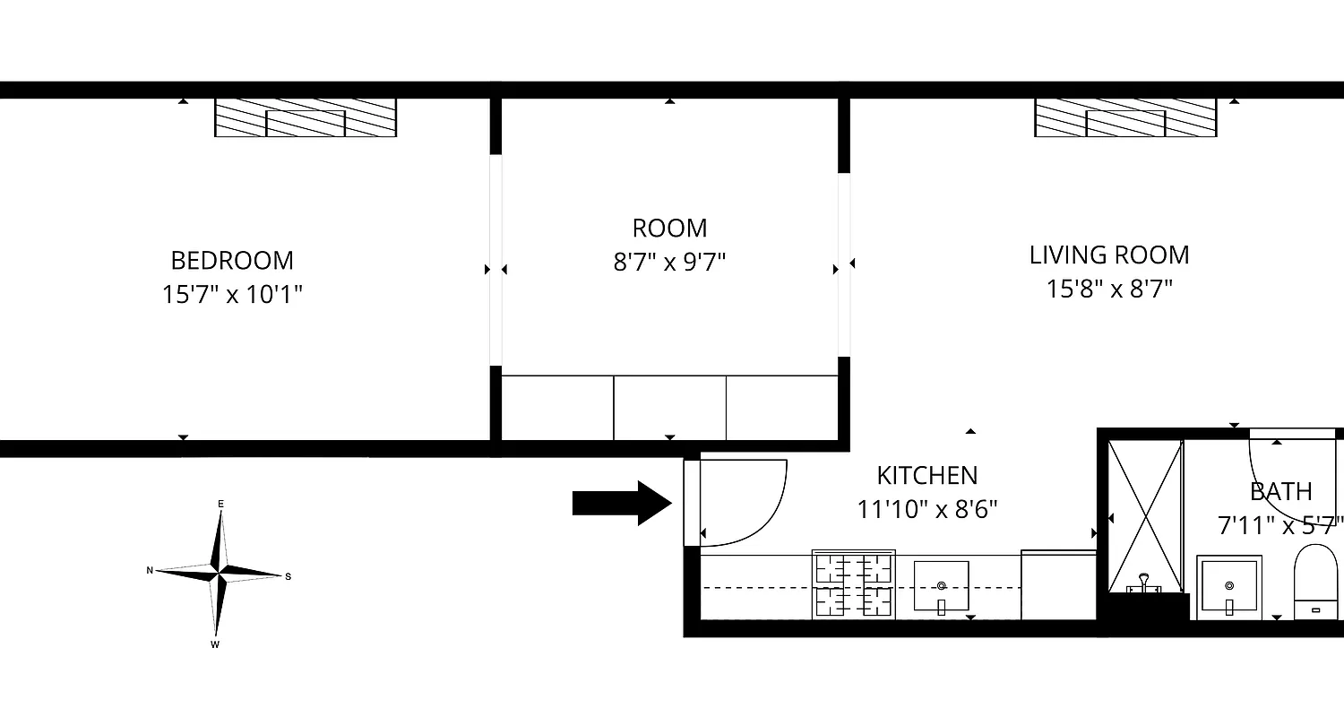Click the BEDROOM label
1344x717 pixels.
click(x=232, y=261)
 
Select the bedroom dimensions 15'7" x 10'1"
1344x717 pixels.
click(x=232, y=295)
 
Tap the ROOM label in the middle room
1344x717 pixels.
click(x=669, y=228)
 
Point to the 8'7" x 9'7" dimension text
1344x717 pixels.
click(x=669, y=263)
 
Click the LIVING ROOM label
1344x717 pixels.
click(x=1109, y=255)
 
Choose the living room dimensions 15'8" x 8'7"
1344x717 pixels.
click(x=1109, y=289)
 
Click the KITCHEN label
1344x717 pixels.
click(x=926, y=475)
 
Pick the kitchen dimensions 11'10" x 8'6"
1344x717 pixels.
click(x=926, y=510)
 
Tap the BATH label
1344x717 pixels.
click(x=1280, y=491)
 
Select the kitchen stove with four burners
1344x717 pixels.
click(x=853, y=584)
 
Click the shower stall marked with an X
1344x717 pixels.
click(x=1145, y=515)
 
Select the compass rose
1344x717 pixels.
click(x=218, y=571)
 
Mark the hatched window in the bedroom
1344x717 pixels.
click(x=306, y=117)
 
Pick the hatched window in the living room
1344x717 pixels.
click(x=1125, y=117)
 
